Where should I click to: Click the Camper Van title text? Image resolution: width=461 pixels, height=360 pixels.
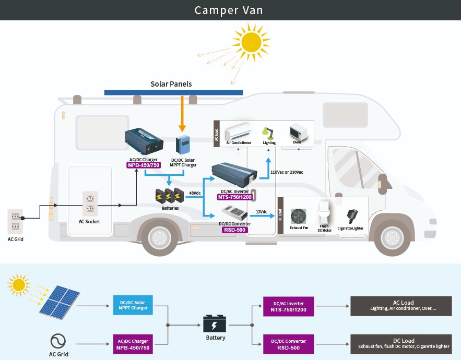coord(229,10)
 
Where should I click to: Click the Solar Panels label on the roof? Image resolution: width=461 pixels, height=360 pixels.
coord(171,84)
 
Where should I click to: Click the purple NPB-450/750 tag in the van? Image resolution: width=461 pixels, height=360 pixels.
coord(144,165)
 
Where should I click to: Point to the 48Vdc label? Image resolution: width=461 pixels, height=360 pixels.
coord(195,193)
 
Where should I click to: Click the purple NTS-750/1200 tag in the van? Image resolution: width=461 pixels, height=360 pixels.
coord(235,197)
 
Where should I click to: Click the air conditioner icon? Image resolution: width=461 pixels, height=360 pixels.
coord(238,130)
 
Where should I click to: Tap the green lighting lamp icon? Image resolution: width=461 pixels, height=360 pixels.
coord(269,132)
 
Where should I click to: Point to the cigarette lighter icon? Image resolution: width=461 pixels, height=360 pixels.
coord(351,216)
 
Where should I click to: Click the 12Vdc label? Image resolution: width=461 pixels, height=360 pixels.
coord(262,212)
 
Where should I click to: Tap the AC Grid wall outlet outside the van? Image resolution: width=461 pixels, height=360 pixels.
coord(15,222)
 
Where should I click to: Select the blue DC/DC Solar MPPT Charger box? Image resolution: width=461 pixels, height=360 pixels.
coord(134,306)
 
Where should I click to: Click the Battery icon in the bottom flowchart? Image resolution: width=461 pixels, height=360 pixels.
coord(215,325)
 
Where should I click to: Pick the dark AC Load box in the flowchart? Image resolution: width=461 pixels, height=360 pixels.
coord(400,306)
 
